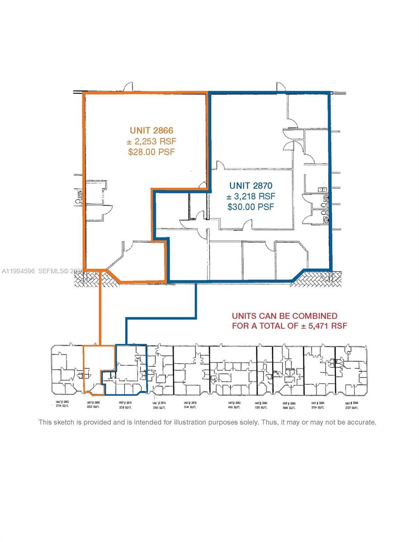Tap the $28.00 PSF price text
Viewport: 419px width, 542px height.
click(151, 152)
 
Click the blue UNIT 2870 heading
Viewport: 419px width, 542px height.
click(251, 186)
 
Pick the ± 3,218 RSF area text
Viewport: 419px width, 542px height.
click(251, 196)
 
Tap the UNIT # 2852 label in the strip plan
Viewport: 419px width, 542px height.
click(62, 402)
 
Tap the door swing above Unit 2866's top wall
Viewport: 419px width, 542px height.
click(129, 87)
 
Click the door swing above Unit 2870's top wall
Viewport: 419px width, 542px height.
click(280, 87)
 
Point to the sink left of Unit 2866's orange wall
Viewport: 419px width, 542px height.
click(80, 195)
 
